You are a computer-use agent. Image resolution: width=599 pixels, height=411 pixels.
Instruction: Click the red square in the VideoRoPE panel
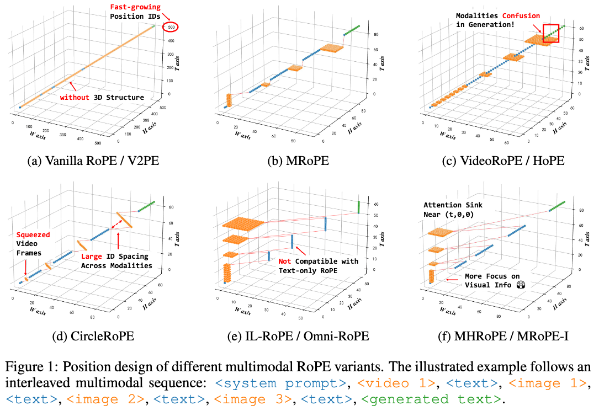(x=550, y=33)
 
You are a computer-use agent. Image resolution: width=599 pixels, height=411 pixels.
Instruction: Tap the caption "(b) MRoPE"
(x=299, y=162)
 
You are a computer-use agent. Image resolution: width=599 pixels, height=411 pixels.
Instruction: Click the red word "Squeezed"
(x=31, y=234)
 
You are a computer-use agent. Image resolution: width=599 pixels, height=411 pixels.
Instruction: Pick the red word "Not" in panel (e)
(x=285, y=261)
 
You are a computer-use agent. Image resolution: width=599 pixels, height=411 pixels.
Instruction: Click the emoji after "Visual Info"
(x=520, y=285)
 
